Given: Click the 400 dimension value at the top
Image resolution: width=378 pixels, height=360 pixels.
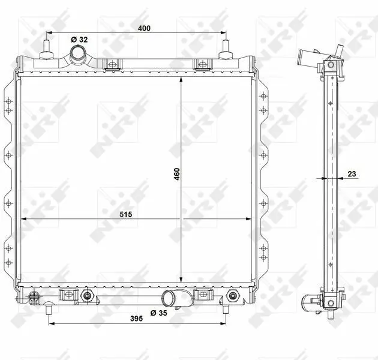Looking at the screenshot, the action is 144,28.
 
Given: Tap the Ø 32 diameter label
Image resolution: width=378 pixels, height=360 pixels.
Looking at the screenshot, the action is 79,40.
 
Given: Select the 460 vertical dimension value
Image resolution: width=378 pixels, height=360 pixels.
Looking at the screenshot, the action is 177,174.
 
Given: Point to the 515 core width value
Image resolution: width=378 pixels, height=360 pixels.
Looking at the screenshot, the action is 126,214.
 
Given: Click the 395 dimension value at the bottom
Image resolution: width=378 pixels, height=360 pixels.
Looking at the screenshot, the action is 136,319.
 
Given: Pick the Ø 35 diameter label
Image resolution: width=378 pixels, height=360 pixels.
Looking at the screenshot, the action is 158,313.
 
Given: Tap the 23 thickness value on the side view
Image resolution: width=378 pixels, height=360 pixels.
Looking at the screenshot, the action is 352,173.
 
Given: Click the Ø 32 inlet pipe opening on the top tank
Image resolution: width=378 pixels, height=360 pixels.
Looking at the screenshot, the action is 77,53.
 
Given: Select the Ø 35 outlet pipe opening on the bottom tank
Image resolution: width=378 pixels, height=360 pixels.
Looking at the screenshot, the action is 169,296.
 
